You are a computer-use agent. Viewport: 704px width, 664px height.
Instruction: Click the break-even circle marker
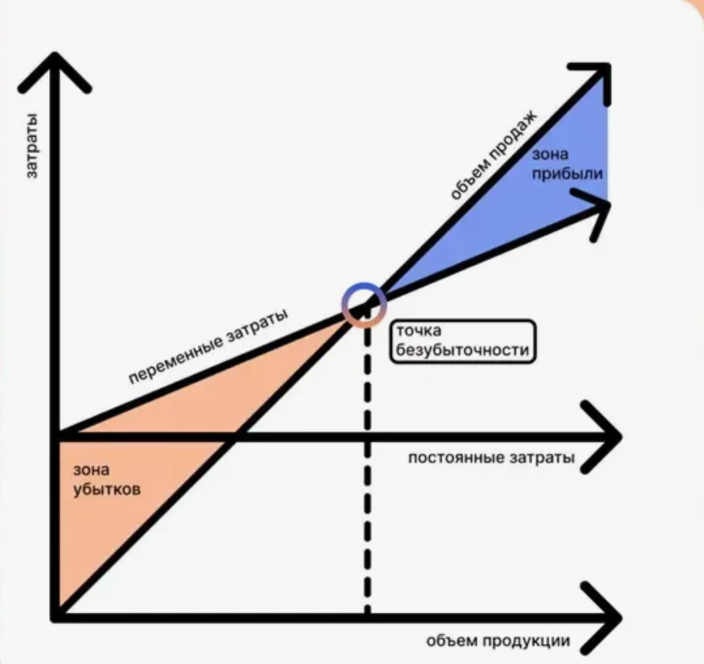pos(364,304)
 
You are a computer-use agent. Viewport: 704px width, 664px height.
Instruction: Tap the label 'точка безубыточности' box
pos(462,340)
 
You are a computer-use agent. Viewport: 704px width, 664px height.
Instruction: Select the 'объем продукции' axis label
pos(498,641)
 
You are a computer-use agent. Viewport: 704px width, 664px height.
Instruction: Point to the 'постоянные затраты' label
pos(491,458)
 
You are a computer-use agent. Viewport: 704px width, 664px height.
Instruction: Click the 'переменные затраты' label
pos(208,347)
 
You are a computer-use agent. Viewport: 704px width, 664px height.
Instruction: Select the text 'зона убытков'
pos(106,479)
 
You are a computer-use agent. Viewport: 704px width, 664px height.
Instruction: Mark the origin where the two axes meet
pos(56,616)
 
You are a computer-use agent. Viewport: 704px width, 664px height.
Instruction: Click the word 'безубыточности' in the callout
pos(462,350)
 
